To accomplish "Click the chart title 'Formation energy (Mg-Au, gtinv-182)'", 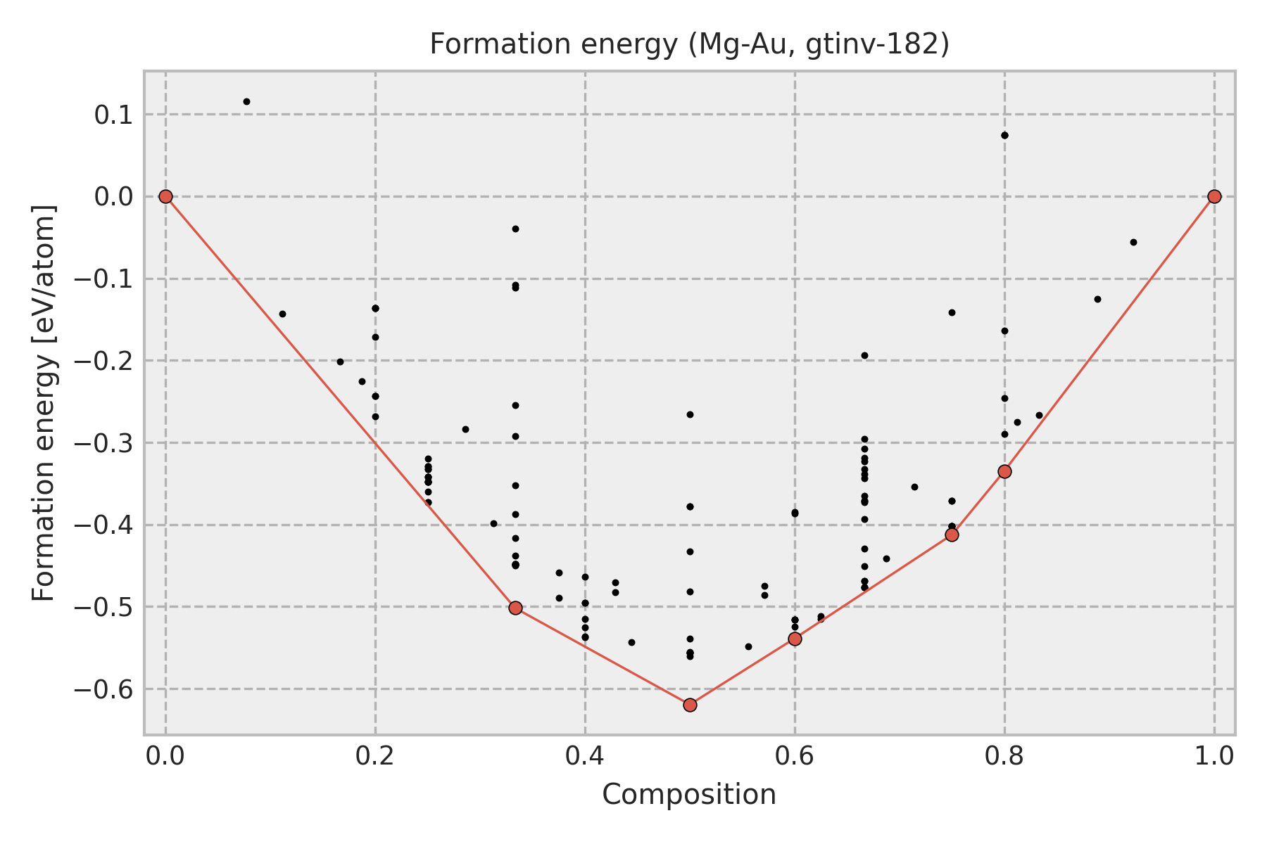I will [x=689, y=44].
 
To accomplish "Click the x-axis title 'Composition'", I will [x=689, y=795].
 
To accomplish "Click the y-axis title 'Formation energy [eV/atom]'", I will [x=44, y=403].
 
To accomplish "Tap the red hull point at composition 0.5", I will [x=690, y=705].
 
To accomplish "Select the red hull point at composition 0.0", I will [x=165, y=196].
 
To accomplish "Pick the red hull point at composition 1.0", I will [x=1214, y=196].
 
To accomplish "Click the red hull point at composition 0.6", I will [x=795, y=639].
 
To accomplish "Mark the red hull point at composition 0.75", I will [x=952, y=535].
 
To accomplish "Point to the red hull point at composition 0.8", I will [x=1004, y=471].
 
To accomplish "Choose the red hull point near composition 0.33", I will [x=515, y=608].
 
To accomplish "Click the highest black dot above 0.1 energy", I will [x=246, y=101].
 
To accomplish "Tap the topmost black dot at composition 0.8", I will [x=1004, y=135].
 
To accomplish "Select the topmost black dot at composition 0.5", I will [x=690, y=414].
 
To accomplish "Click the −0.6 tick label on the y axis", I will [x=103, y=689].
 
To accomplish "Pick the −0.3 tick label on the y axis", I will [x=103, y=443].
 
